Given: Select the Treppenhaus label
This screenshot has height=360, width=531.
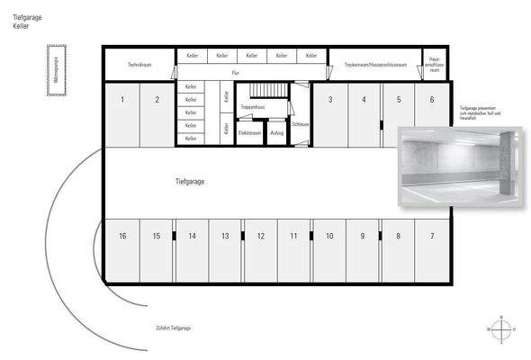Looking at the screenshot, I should tap(252, 107).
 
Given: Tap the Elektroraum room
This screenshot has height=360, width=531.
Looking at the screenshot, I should tap(249, 133).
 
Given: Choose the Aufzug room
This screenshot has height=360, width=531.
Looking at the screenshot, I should tap(276, 133).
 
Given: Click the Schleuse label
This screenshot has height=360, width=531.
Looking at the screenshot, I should tap(301, 125).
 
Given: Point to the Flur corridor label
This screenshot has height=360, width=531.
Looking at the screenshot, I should tap(236, 72).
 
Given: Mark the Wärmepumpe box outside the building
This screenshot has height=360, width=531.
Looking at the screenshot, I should tap(56, 75).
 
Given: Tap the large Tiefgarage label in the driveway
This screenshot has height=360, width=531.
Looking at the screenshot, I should tap(191, 182).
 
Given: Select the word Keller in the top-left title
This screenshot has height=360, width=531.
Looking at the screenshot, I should tap(22, 27).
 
